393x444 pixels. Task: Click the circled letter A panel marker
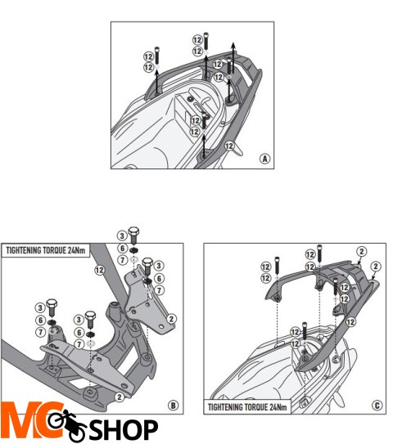264,159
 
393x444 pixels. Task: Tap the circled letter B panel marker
174,406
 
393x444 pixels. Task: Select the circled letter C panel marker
377,406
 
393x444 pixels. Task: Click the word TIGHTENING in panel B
24,250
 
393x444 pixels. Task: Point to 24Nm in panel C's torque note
278,407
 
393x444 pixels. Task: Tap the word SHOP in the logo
124,430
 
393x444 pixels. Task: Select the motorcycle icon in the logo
66,424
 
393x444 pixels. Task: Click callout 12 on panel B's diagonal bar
100,270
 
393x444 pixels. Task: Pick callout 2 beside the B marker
120,397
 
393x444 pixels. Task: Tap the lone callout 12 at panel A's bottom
229,146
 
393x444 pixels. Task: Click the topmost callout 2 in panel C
361,252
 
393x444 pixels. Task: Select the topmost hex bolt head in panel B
133,231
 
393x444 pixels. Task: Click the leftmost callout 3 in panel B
40,307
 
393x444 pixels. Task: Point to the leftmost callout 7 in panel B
40,332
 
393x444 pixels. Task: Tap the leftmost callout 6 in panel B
40,321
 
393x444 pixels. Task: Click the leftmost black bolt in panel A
157,56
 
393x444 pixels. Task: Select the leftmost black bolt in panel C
277,265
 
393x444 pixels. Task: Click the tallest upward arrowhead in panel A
233,45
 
